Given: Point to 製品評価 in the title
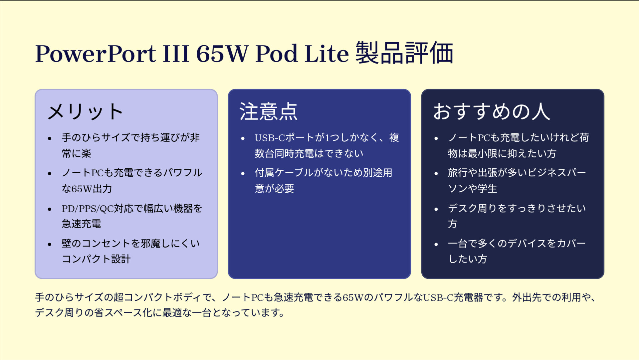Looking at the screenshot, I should pyautogui.click(x=404, y=53).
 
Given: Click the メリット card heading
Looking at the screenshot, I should pyautogui.click(x=85, y=111).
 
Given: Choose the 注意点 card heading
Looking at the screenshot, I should pyautogui.click(x=268, y=111).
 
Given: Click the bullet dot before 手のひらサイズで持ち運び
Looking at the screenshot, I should pyautogui.click(x=50, y=138).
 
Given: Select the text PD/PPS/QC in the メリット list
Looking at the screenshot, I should pyautogui.click(x=88, y=209).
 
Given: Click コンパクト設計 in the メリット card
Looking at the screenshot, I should pyautogui.click(x=96, y=259).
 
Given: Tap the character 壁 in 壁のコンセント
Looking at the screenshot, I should pyautogui.click(x=67, y=244).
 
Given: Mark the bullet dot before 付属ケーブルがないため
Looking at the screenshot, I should pyautogui.click(x=243, y=173).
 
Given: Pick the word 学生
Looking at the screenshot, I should pyautogui.click(x=487, y=189).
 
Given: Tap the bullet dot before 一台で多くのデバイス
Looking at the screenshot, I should pyautogui.click(x=436, y=244).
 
